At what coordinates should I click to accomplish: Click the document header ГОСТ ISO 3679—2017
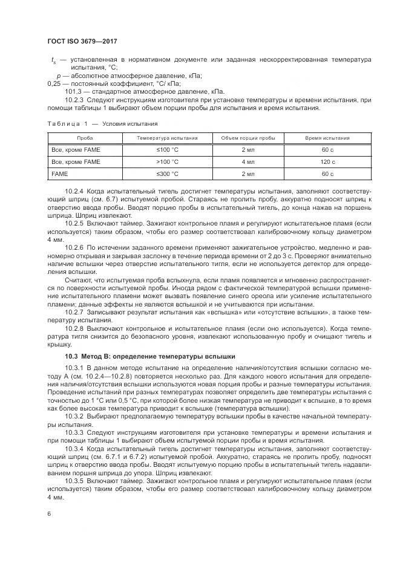tap(82, 41)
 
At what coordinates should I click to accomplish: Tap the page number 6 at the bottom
tap(48, 513)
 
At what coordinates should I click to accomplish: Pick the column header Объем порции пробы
tap(248, 138)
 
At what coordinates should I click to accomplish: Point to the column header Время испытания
tap(327, 138)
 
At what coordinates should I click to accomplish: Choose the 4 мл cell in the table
tap(248, 161)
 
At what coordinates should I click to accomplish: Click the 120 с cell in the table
tap(327, 161)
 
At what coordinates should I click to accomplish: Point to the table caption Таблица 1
tap(67, 123)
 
